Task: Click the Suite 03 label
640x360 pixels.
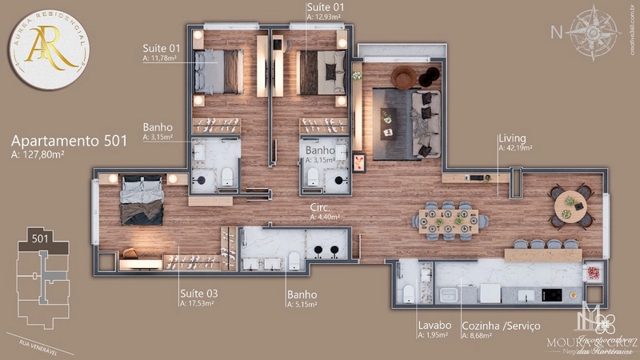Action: coord(199,293)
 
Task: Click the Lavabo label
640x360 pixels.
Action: coord(434,326)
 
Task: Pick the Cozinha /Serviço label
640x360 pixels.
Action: coord(501,326)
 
